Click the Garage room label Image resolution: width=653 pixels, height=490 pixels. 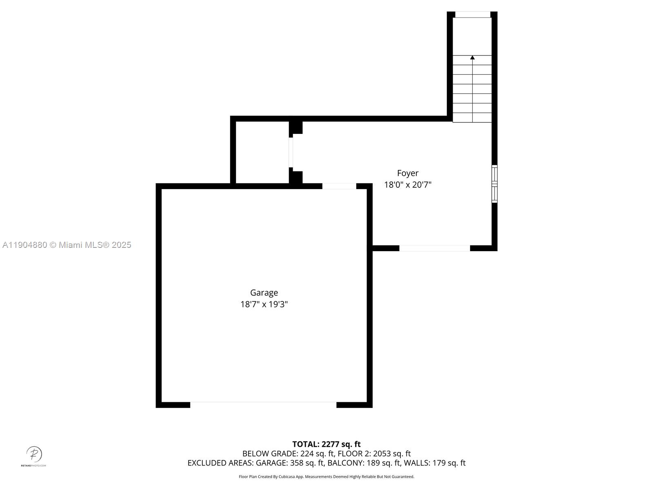click(x=264, y=293)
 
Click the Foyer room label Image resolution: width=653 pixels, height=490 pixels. click(x=408, y=173)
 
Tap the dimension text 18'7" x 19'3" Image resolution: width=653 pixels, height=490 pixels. click(x=264, y=304)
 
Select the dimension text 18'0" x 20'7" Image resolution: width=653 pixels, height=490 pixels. click(x=408, y=185)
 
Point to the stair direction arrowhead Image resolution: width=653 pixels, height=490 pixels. click(x=473, y=58)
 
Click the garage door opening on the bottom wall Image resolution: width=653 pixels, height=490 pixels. click(x=263, y=405)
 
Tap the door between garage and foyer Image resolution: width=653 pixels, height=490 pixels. click(x=339, y=186)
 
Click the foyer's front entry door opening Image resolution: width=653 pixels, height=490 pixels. click(x=435, y=248)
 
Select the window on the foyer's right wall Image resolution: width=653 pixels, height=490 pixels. click(x=494, y=184)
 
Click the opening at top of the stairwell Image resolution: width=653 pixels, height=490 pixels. click(x=473, y=15)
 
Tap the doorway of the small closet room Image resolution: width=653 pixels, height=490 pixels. click(x=291, y=152)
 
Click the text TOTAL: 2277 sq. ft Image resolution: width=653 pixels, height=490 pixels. click(x=326, y=444)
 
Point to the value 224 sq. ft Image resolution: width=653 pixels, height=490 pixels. click(x=318, y=454)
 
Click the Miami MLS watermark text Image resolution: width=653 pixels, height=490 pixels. click(x=67, y=245)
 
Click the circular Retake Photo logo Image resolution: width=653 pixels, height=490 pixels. click(x=34, y=454)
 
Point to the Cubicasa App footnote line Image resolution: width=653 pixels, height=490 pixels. click(x=326, y=477)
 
